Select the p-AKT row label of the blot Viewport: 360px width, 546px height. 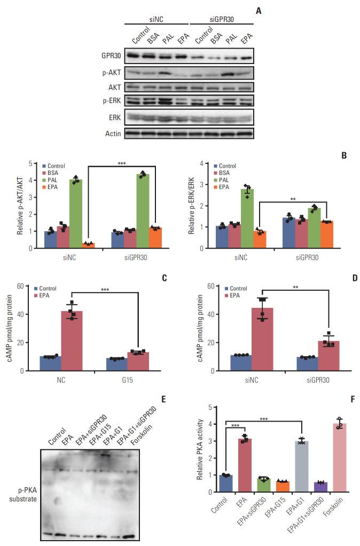coord(111,72)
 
